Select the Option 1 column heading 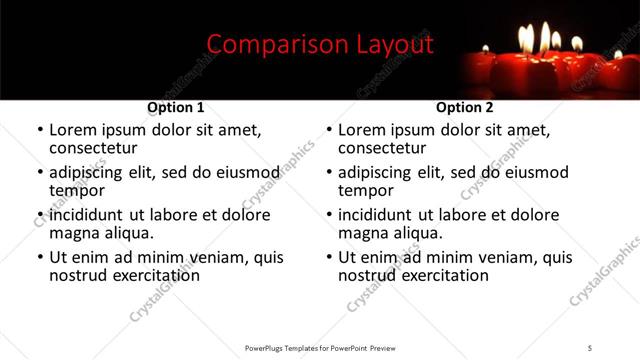click(176, 108)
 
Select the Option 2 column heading click(465, 108)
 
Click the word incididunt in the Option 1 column click(86, 215)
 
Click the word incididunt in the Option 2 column click(375, 215)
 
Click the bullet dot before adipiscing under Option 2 click(329, 173)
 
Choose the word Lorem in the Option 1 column click(73, 130)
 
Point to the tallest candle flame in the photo click(546, 38)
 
